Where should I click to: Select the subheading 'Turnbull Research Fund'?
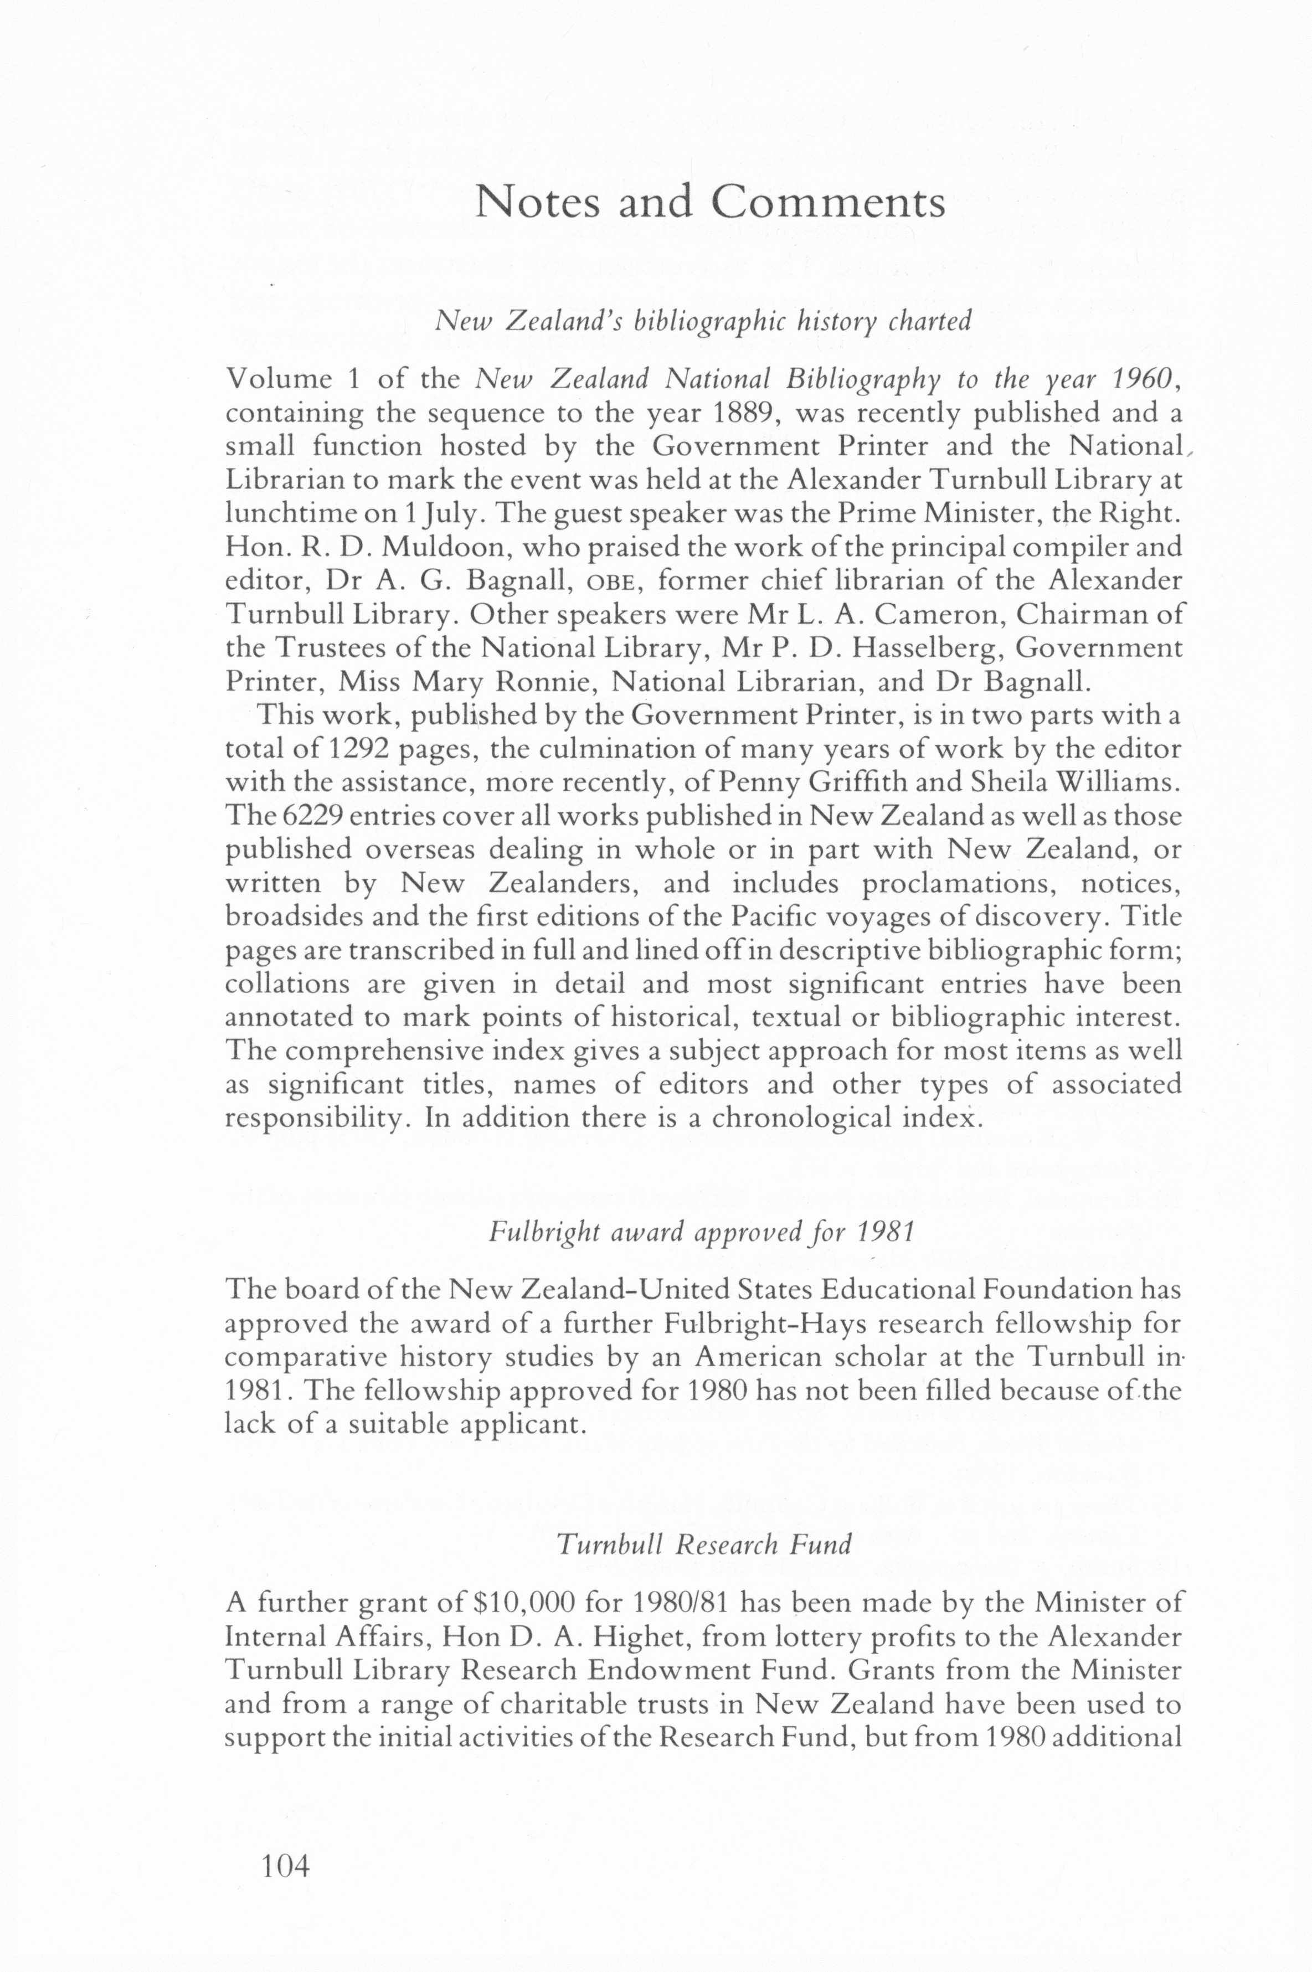[x=704, y=1544]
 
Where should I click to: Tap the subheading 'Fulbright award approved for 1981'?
[x=701, y=1232]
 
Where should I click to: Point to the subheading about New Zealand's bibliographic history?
[x=704, y=321]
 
